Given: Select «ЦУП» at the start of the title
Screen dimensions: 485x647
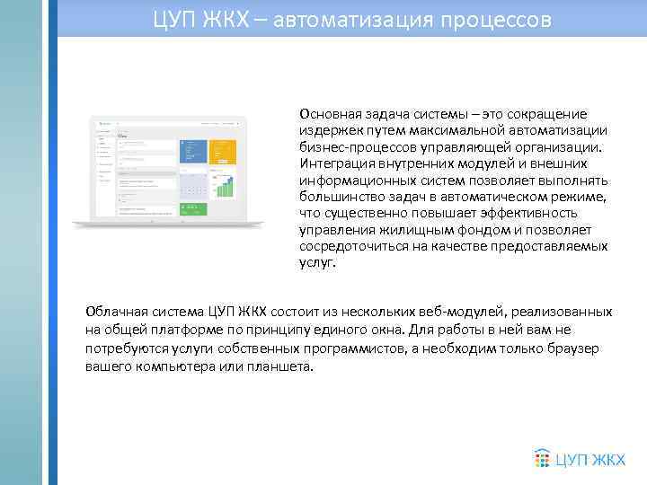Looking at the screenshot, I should pyautogui.click(x=173, y=19).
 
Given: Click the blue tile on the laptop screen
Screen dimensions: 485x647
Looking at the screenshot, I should pyautogui.click(x=192, y=152).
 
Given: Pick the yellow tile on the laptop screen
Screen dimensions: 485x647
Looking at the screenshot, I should pyautogui.click(x=223, y=152).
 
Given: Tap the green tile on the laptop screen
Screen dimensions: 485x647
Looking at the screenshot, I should pyautogui.click(x=192, y=209).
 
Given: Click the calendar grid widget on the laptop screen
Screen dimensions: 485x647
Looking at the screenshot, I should pyautogui.click(x=192, y=186).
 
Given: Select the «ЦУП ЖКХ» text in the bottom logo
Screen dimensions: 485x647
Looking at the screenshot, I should pyautogui.click(x=589, y=460).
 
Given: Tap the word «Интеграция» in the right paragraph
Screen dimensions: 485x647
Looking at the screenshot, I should pyautogui.click(x=334, y=163).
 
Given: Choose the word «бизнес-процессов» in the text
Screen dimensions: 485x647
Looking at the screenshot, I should pyautogui.click(x=352, y=147).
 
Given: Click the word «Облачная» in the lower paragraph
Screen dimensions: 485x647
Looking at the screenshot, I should pyautogui.click(x=115, y=312).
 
